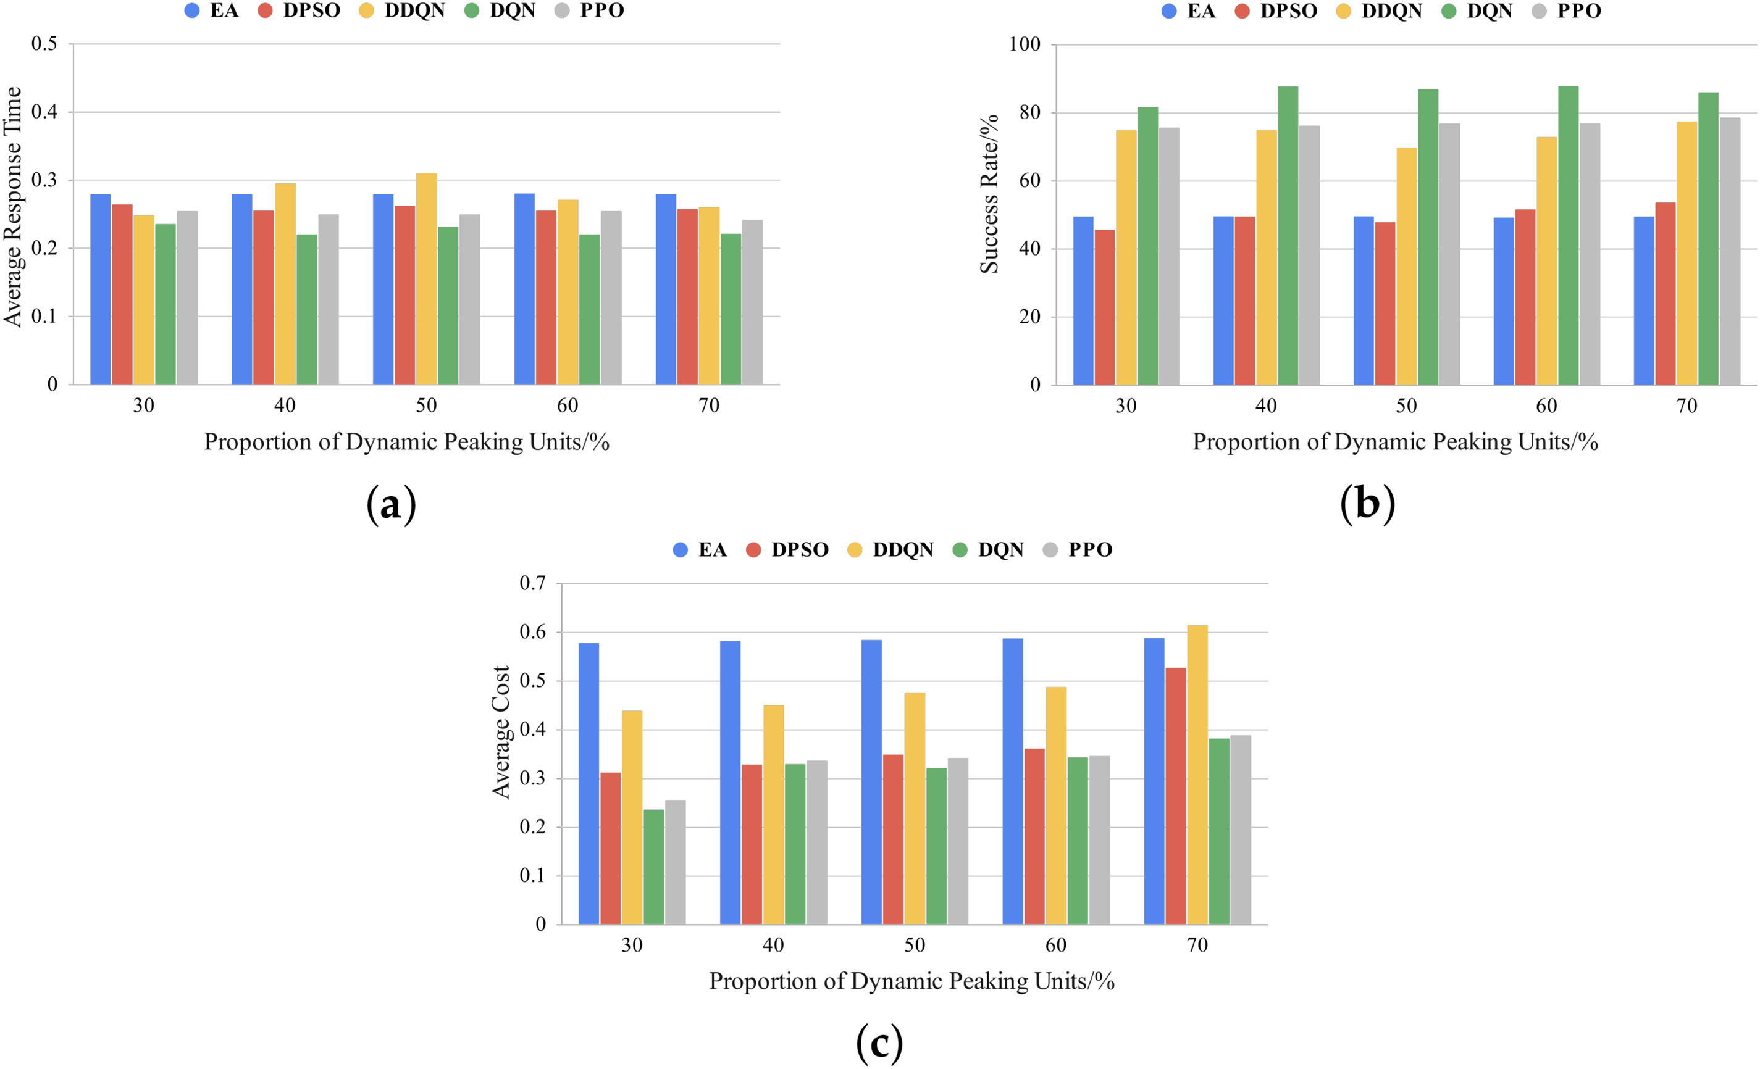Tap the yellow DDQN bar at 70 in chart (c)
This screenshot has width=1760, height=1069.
1197,775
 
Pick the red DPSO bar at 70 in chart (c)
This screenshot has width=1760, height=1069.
1176,796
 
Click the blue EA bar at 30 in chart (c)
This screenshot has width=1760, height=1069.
589,783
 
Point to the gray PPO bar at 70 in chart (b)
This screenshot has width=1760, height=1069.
1730,251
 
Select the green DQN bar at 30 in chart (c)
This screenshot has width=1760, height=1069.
653,867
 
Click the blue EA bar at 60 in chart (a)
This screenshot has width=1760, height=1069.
524,289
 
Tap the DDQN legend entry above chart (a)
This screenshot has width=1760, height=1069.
402,10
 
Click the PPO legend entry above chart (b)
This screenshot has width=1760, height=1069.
1567,10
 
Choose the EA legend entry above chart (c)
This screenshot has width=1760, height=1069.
700,550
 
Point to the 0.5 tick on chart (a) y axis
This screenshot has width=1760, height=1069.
44,44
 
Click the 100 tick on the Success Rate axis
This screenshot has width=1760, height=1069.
1025,44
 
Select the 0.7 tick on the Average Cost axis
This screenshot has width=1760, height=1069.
532,583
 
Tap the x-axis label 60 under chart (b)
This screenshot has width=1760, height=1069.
1546,406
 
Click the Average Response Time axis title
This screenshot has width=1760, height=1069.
13,207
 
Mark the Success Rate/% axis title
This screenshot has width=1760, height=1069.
989,194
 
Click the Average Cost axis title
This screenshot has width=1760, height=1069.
501,732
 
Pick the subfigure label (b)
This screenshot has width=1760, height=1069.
1367,504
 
